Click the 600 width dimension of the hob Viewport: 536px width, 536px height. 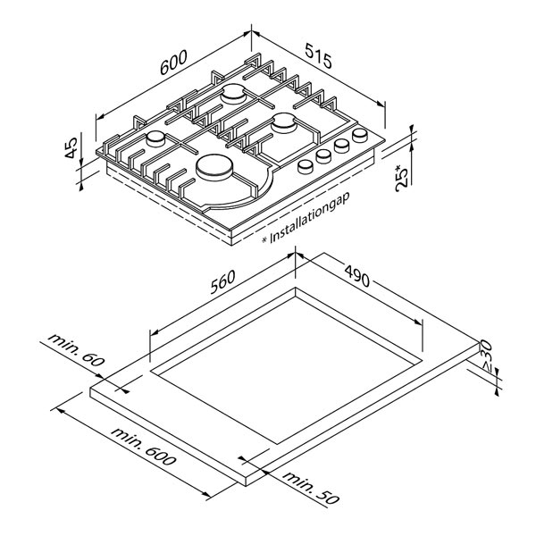173,63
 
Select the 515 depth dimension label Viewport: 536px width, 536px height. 318,55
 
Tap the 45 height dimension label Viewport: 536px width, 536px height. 71,147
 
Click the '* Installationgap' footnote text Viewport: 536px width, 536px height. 306,219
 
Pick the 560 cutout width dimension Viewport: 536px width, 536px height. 222,281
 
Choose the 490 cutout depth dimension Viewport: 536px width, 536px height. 356,275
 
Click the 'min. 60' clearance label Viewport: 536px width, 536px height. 76,350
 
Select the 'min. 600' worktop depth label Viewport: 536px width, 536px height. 143,446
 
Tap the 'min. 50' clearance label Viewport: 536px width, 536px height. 311,488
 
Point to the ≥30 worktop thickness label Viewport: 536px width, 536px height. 486,356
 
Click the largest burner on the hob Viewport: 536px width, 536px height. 214,168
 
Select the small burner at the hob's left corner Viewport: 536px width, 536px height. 155,138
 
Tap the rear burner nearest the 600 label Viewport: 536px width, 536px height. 233,94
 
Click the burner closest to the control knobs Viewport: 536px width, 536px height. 284,123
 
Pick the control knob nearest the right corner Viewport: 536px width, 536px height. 360,136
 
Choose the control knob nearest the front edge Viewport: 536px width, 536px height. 305,166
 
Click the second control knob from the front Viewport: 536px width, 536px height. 323,156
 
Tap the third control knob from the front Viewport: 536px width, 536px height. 341,146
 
